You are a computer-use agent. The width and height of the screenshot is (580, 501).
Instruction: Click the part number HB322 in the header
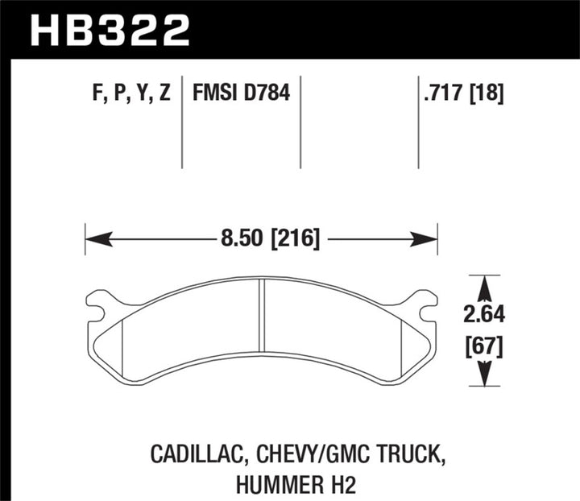(x=110, y=30)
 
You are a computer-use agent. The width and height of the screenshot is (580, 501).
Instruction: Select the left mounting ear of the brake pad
(x=98, y=304)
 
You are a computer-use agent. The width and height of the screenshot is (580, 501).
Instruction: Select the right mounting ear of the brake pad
(x=420, y=304)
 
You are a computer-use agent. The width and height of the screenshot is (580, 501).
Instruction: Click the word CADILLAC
(x=192, y=455)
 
